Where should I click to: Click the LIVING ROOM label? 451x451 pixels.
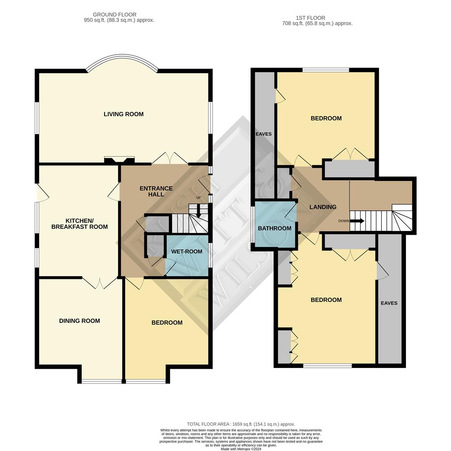click(123, 114)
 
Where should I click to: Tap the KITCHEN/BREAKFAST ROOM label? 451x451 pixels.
click(79, 224)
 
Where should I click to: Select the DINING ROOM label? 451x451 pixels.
click(79, 321)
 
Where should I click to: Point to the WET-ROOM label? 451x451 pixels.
click(187, 251)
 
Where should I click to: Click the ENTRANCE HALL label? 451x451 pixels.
click(156, 191)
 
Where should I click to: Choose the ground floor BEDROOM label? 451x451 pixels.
click(167, 322)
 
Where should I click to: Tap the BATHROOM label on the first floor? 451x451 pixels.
click(274, 228)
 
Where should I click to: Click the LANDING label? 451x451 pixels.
click(323, 207)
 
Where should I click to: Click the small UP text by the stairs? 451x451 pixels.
click(198, 198)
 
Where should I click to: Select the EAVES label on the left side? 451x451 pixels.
click(263, 134)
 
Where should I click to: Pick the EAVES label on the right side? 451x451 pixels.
click(389, 303)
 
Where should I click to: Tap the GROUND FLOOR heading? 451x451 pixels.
click(115, 15)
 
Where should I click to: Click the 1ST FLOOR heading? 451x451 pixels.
click(311, 18)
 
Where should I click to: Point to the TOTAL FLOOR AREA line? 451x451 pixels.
click(241, 424)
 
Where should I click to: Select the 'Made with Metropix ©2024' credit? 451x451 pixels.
click(241, 449)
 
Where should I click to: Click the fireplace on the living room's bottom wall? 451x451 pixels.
click(119, 160)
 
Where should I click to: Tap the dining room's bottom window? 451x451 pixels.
click(102, 381)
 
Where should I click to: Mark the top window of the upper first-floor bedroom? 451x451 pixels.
click(326, 70)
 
